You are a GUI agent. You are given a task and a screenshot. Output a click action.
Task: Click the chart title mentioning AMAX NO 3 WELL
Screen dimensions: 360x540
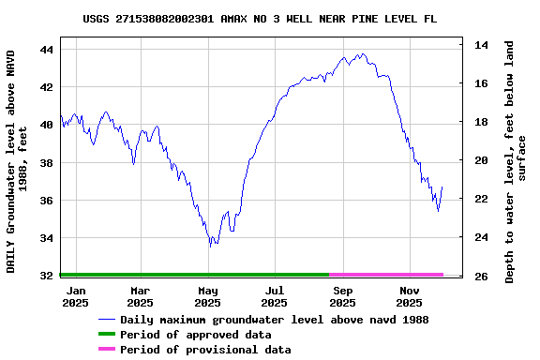pos(259,19)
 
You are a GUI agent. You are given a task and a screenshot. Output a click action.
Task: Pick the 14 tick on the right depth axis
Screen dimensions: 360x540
pos(480,45)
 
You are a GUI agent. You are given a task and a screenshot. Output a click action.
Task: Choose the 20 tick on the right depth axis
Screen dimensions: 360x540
pos(480,160)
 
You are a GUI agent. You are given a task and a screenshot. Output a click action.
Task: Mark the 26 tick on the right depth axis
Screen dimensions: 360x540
pos(480,277)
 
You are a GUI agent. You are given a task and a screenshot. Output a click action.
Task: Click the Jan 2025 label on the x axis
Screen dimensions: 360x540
pos(76,296)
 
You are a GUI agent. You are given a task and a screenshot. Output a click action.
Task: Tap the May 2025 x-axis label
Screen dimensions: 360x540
pos(207,296)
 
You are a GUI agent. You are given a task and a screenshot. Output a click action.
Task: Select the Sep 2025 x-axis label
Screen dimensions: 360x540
pos(342,296)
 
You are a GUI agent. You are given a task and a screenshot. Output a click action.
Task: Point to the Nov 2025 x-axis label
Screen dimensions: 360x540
pos(409,296)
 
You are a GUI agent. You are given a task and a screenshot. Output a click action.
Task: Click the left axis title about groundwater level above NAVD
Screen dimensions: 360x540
pos(17,161)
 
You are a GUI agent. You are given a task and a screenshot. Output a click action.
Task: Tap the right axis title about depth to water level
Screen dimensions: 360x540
pos(516,161)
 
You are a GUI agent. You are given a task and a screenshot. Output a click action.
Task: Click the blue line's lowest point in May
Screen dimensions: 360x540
pos(212,246)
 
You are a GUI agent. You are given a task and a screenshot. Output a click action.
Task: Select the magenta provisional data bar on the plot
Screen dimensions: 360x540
pos(386,275)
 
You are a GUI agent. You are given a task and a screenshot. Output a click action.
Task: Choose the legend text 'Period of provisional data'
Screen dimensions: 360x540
pos(205,350)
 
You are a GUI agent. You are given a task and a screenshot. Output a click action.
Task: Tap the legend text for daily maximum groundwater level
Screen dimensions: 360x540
pos(275,320)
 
